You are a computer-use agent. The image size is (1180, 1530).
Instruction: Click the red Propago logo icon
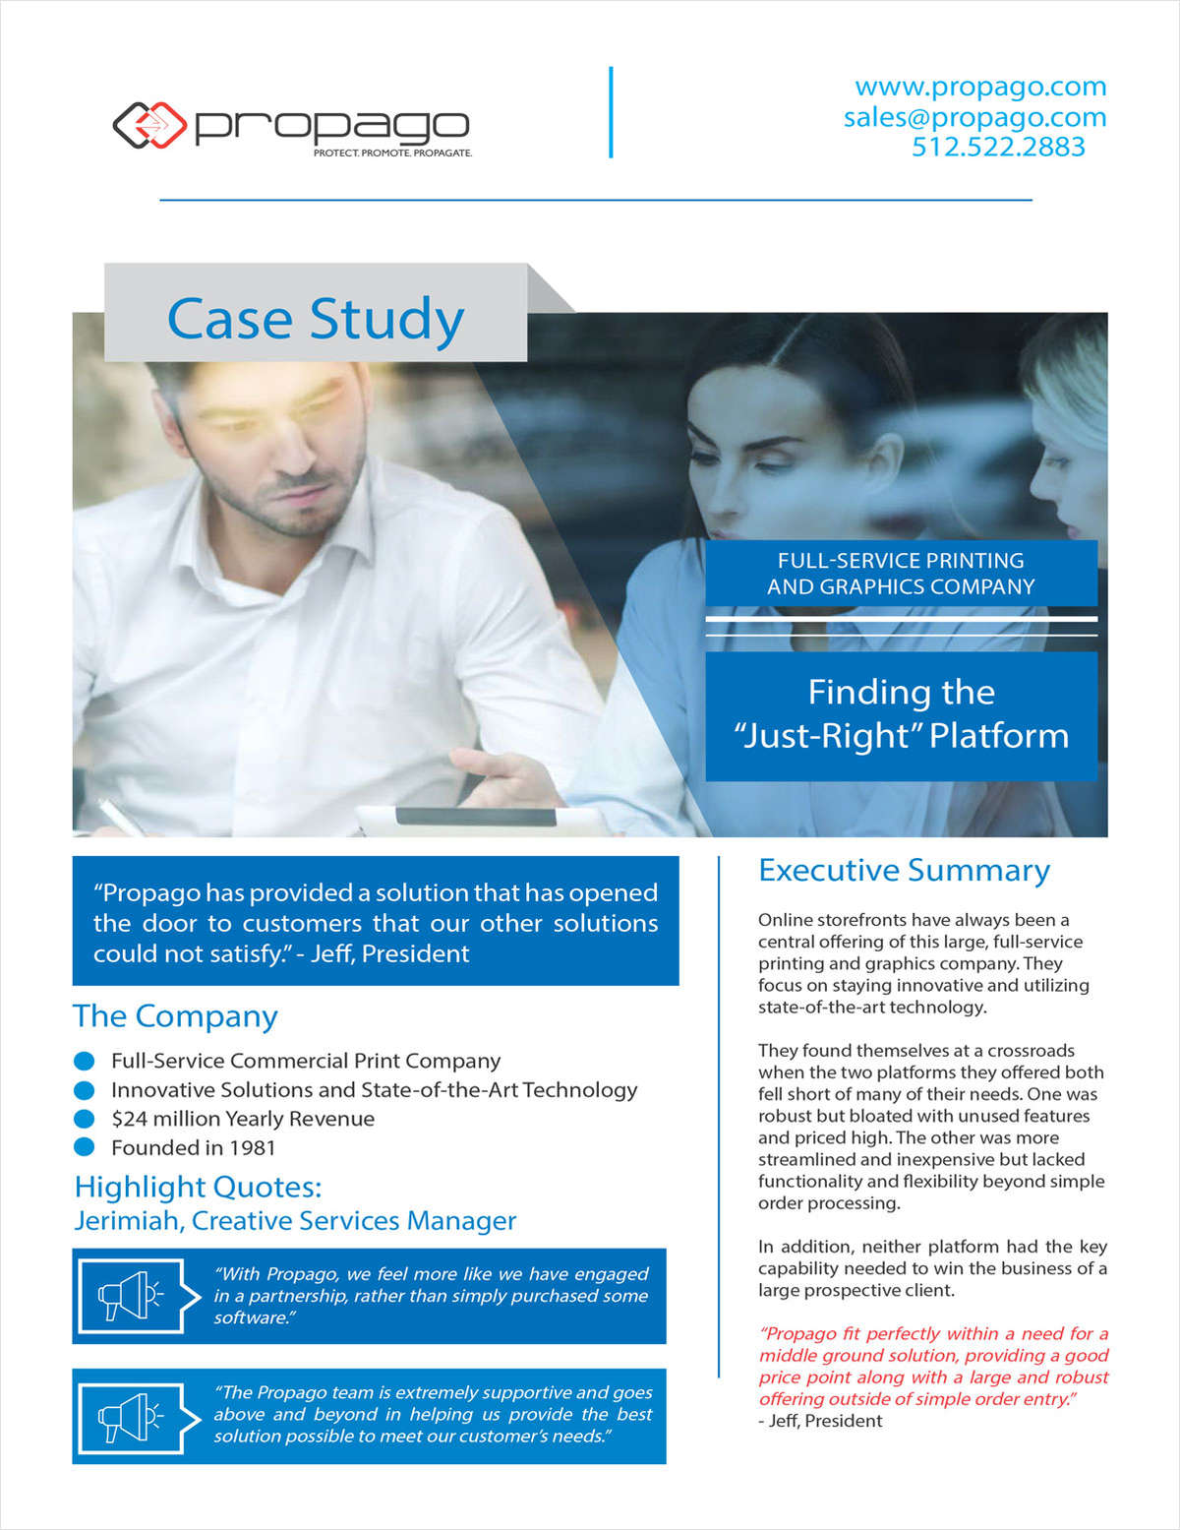(149, 125)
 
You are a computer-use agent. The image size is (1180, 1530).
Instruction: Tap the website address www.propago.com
(980, 87)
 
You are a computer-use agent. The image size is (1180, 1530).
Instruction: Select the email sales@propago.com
(974, 117)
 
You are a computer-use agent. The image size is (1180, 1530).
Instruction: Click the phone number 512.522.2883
(998, 147)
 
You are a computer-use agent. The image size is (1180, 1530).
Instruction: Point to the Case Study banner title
(316, 319)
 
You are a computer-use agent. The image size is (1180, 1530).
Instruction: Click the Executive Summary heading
(904, 871)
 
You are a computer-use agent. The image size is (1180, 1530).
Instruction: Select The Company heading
(175, 1016)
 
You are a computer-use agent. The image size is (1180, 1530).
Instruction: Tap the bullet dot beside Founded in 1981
(85, 1147)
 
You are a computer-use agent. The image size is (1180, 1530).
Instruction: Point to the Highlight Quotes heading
(198, 1187)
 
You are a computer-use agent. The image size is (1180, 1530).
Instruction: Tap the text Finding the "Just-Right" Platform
(901, 714)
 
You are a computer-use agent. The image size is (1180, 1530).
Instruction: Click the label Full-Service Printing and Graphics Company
(901, 574)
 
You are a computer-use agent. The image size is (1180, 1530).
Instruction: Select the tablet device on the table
(472, 819)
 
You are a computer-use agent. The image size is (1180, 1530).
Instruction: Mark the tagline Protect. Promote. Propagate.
(392, 153)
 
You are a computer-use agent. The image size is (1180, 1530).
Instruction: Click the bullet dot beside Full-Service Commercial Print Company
(85, 1061)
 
